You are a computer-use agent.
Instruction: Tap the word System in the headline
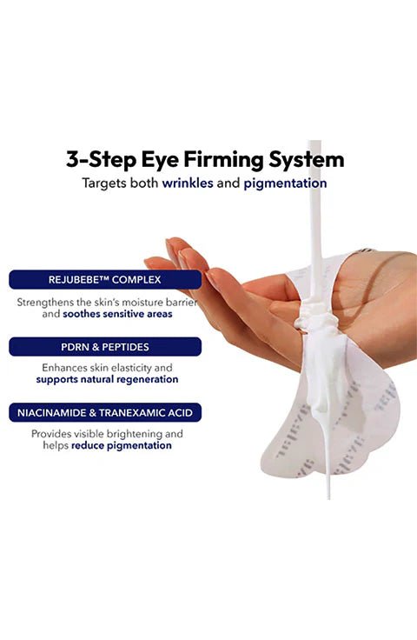pyautogui.click(x=306, y=160)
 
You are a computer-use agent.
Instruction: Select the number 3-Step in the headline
pyautogui.click(x=101, y=160)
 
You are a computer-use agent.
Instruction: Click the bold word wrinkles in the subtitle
pyautogui.click(x=188, y=183)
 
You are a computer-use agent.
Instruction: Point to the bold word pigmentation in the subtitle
pyautogui.click(x=285, y=183)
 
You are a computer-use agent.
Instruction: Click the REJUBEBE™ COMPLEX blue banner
pyautogui.click(x=105, y=280)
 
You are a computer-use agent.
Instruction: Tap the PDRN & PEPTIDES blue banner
pyautogui.click(x=105, y=347)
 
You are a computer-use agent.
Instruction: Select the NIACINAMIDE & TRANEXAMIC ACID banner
pyautogui.click(x=105, y=413)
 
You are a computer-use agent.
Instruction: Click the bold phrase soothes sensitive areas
pyautogui.click(x=117, y=314)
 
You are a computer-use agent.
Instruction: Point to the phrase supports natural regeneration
pyautogui.click(x=107, y=380)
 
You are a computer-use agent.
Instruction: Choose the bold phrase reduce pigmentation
pyautogui.click(x=122, y=445)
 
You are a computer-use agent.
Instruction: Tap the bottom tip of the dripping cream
pyautogui.click(x=328, y=497)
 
